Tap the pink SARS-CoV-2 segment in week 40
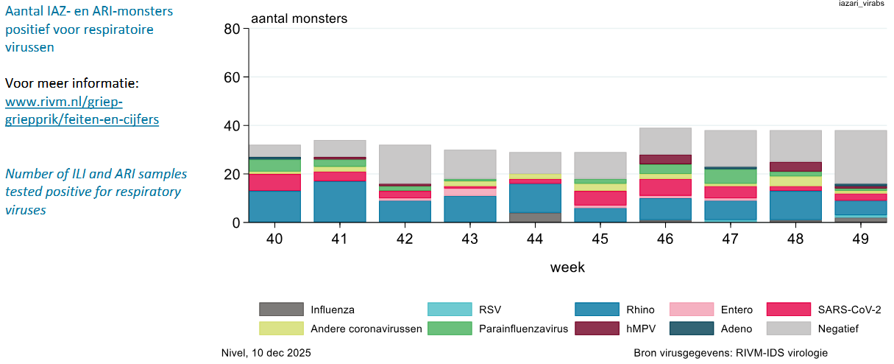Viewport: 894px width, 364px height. pos(274,182)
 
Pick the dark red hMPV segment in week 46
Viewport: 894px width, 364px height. pos(665,159)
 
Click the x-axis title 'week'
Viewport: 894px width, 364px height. pos(567,267)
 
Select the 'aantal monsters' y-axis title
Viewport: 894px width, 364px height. pos(299,18)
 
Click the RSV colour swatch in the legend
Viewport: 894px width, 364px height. pos(450,309)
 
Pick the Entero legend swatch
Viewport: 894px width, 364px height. pos(692,309)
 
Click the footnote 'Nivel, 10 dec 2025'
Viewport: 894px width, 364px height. pos(266,353)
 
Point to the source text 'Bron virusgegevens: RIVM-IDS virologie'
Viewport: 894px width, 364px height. pos(731,353)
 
